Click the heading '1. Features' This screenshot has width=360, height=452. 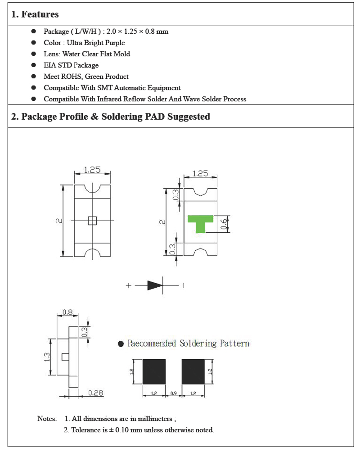point(35,14)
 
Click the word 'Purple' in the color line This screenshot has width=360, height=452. point(115,43)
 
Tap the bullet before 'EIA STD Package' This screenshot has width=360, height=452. point(33,65)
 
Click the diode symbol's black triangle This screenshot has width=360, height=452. point(154,285)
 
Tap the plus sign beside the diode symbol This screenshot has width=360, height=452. point(129,285)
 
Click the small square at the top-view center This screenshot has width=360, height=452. point(92,220)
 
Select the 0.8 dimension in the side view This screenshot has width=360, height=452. point(67,312)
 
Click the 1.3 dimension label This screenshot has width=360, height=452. point(47,357)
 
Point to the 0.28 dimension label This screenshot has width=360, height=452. point(95,393)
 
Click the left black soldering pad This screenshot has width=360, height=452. point(154,372)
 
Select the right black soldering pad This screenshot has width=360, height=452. point(193,372)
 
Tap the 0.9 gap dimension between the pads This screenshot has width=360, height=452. point(174,393)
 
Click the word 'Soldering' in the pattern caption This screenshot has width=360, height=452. point(198,344)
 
